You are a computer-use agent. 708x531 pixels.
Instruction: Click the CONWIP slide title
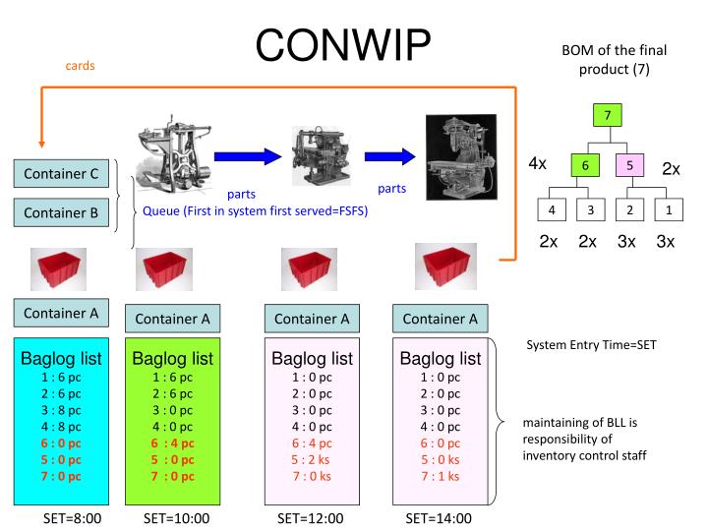point(353,45)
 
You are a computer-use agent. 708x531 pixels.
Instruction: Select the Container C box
point(61,174)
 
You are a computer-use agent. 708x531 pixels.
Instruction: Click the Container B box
point(61,210)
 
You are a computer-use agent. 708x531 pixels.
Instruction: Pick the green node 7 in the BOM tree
point(608,116)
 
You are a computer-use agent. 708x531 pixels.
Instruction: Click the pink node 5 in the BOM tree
point(629,167)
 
